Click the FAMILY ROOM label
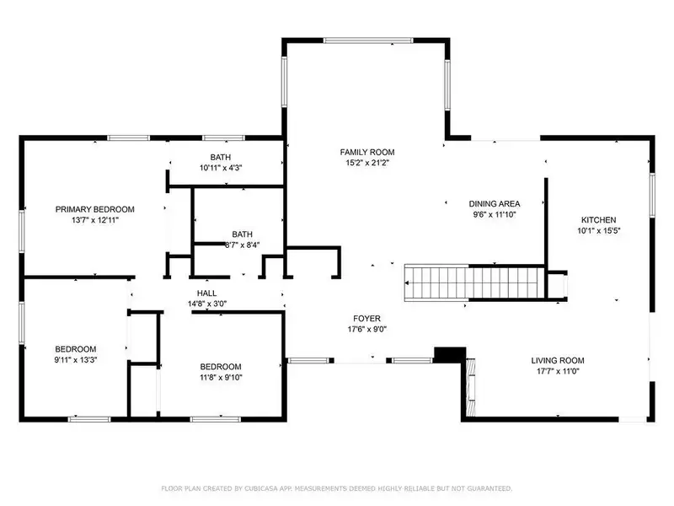pyautogui.click(x=367, y=152)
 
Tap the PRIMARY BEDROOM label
pyautogui.click(x=95, y=209)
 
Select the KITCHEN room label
pyautogui.click(x=599, y=219)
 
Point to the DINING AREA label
pyautogui.click(x=495, y=203)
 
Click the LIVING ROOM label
pyautogui.click(x=558, y=361)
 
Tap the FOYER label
pyautogui.click(x=366, y=319)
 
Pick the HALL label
pyautogui.click(x=206, y=293)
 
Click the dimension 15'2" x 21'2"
pyautogui.click(x=367, y=163)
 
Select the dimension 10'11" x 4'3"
pyautogui.click(x=221, y=168)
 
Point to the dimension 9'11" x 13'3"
pyautogui.click(x=76, y=360)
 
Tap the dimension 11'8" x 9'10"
pyautogui.click(x=221, y=377)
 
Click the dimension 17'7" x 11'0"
pyautogui.click(x=558, y=371)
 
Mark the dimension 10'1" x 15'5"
pyautogui.click(x=599, y=230)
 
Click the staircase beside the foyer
pyautogui.click(x=474, y=283)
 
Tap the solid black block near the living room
pyautogui.click(x=450, y=354)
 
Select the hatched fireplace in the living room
pyautogui.click(x=471, y=387)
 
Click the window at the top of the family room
pyautogui.click(x=368, y=40)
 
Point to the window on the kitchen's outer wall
pyautogui.click(x=652, y=195)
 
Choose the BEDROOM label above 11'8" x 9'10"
pyautogui.click(x=221, y=367)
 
